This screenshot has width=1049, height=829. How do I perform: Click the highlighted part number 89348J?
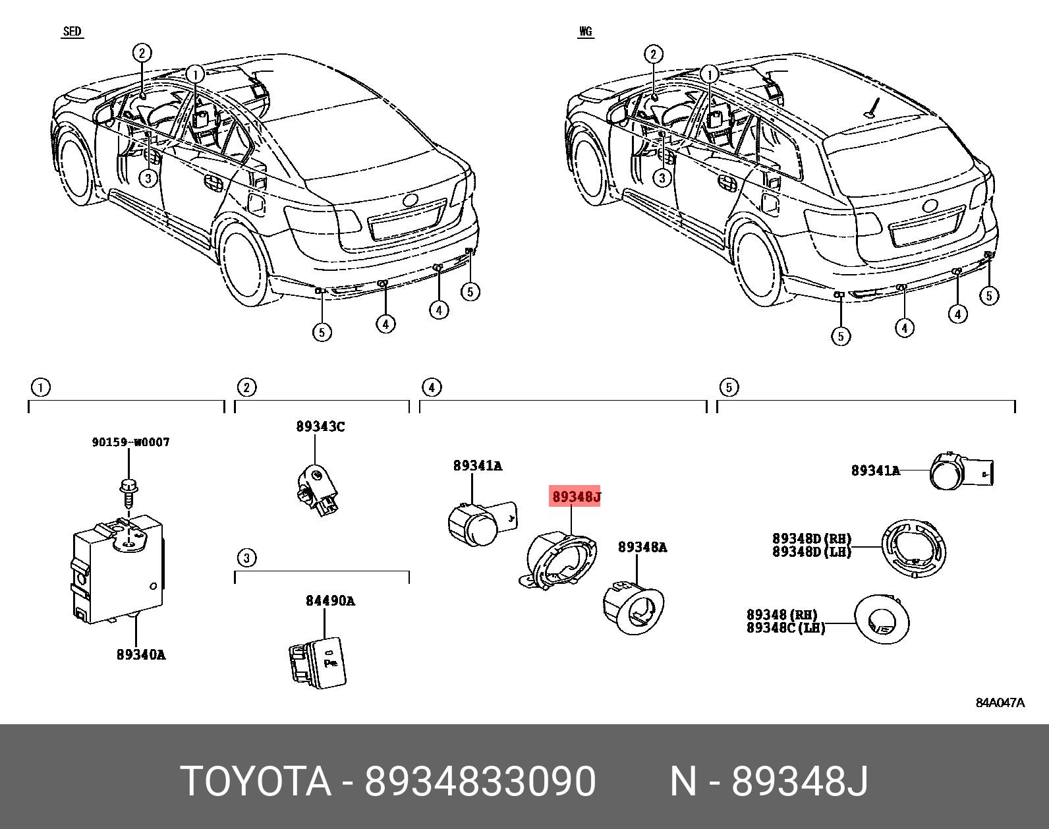tap(576, 496)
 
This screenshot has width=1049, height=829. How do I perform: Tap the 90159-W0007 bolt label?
tap(130, 442)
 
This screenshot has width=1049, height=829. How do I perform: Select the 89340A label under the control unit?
tap(141, 654)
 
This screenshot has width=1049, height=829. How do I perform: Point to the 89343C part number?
tap(320, 426)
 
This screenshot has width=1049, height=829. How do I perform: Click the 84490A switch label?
tap(330, 600)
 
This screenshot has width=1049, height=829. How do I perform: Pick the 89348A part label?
tap(642, 547)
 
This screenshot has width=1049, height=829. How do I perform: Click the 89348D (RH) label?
tap(812, 539)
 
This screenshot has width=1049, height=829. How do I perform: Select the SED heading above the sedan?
tap(72, 32)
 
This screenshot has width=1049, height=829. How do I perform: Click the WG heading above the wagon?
tap(586, 32)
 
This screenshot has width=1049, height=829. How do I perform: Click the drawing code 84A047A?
tap(1000, 702)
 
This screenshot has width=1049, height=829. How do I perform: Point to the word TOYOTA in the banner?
tap(256, 782)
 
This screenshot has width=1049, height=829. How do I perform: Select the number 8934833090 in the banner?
tap(480, 782)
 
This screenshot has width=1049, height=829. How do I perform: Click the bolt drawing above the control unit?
tap(127, 490)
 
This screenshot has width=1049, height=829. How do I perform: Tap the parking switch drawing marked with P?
tap(319, 662)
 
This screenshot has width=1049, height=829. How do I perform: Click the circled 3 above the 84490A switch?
tap(246, 558)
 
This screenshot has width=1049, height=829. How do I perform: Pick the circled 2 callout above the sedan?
tap(142, 53)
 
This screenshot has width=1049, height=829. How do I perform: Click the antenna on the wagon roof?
tap(874, 107)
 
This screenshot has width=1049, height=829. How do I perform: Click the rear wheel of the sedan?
tap(244, 264)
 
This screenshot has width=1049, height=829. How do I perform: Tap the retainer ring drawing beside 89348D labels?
tap(914, 548)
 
